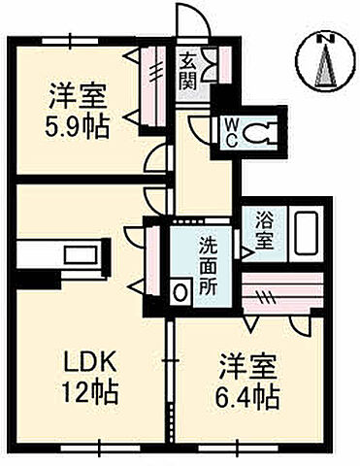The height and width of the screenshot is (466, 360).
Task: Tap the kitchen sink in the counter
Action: [x=75, y=254]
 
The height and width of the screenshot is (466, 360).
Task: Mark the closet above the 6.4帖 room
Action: [x=281, y=291]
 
